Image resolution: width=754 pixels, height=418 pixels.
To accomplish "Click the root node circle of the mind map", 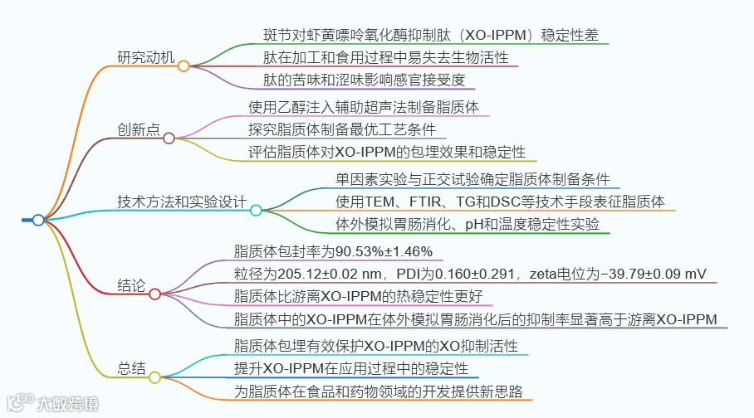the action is coord(38,220).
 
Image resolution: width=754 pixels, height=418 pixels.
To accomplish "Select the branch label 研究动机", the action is coord(146,58).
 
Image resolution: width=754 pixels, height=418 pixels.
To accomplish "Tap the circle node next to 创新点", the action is coord(169,138).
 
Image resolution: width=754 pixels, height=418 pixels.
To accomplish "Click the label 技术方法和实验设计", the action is coord(182,202).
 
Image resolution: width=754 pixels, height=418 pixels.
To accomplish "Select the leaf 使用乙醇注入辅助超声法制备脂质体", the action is coord(364,107).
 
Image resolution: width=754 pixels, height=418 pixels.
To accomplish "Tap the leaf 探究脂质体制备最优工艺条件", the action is coord(347,129).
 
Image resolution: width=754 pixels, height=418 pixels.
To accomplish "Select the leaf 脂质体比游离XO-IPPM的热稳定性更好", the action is coord(358,297).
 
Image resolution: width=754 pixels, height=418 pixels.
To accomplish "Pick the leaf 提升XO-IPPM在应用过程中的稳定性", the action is coord(351,368).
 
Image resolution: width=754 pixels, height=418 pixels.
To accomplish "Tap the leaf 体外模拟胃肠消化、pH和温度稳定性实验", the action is coord(467,224).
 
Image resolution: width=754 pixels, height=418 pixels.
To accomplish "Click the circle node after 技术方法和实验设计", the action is coord(256,211).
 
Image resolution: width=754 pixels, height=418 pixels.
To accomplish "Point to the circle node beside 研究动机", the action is coord(184,66).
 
